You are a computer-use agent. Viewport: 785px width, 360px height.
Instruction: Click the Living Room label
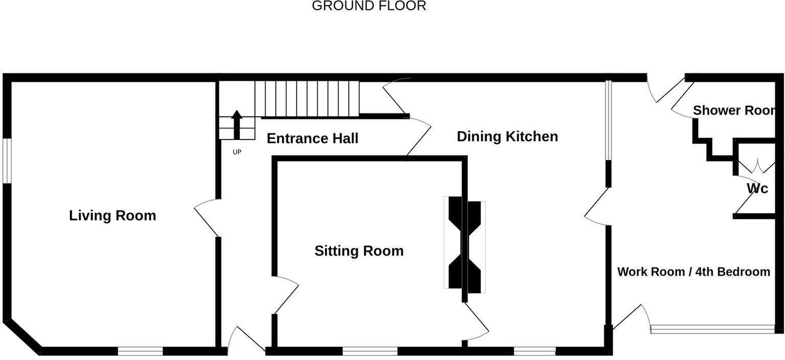pyautogui.click(x=112, y=215)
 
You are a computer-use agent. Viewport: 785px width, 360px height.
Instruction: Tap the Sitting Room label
pyautogui.click(x=359, y=251)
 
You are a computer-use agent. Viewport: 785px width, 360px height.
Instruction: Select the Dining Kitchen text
pyautogui.click(x=507, y=137)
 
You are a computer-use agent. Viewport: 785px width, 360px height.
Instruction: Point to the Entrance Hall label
pyautogui.click(x=312, y=139)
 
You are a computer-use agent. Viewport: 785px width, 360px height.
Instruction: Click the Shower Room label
pyautogui.click(x=734, y=110)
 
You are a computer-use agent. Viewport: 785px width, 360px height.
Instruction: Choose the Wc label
pyautogui.click(x=757, y=189)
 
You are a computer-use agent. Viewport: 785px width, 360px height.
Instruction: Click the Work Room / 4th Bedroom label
pyautogui.click(x=694, y=272)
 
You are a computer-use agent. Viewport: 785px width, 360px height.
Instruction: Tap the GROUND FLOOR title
pyautogui.click(x=368, y=6)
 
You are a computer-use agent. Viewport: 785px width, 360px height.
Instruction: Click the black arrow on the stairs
pyautogui.click(x=237, y=124)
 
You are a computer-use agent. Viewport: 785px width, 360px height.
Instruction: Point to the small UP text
pyautogui.click(x=237, y=152)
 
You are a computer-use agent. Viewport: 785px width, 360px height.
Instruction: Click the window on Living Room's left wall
pyautogui.click(x=7, y=160)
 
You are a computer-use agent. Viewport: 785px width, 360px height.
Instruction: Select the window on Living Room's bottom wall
pyautogui.click(x=141, y=351)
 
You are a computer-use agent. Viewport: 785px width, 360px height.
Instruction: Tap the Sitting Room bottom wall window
pyautogui.click(x=370, y=351)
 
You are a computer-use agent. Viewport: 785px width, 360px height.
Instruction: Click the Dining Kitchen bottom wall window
pyautogui.click(x=535, y=351)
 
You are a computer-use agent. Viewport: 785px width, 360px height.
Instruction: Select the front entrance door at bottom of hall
pyautogui.click(x=245, y=339)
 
